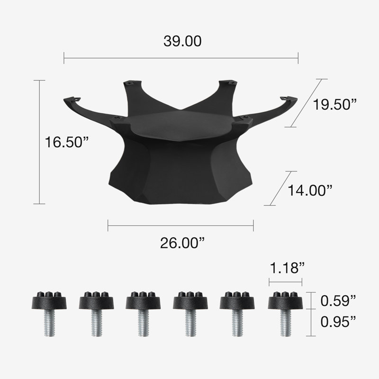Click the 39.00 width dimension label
(182, 41)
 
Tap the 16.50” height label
(67, 142)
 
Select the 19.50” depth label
(335, 104)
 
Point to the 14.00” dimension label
(310, 190)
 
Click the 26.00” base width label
(182, 243)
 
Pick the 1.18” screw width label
(287, 268)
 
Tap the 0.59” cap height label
(338, 301)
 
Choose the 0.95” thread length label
(338, 322)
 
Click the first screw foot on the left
(49, 314)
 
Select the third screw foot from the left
(144, 314)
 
